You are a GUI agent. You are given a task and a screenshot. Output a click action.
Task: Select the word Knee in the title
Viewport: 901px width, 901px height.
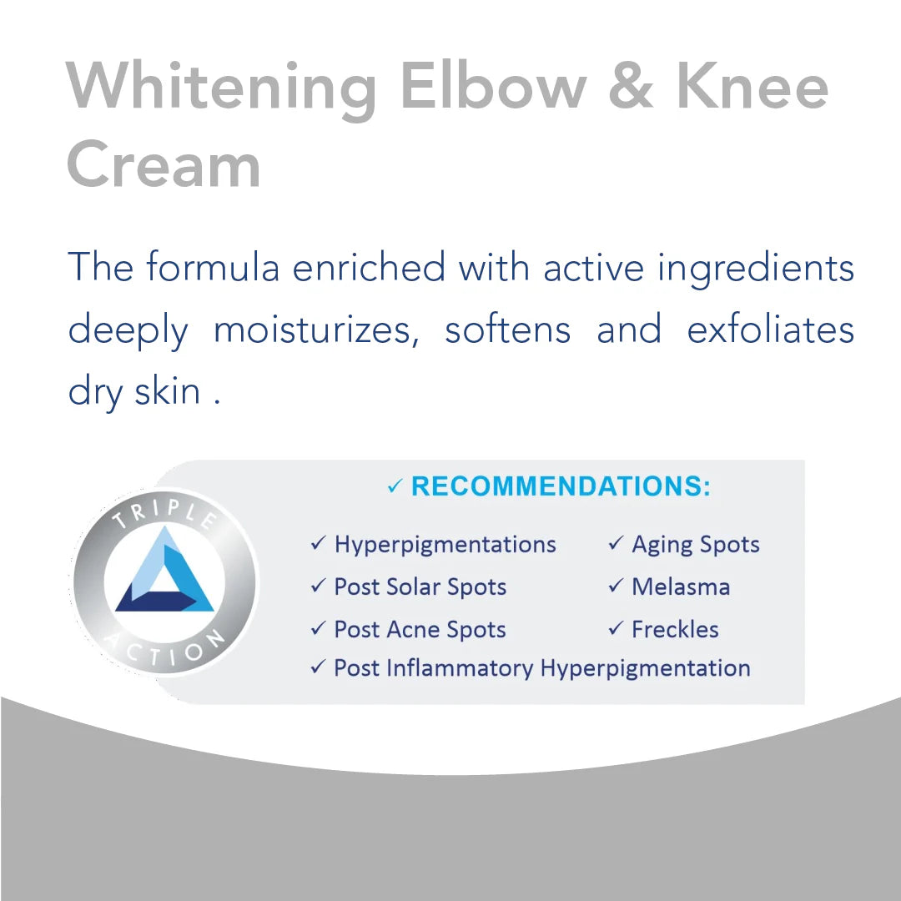(x=757, y=86)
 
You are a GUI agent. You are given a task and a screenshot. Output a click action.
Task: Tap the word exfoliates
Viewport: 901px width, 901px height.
(x=770, y=329)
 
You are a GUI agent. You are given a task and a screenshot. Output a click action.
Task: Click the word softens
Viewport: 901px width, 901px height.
(x=507, y=330)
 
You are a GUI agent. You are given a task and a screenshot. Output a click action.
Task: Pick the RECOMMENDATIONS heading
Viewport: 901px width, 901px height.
(x=561, y=486)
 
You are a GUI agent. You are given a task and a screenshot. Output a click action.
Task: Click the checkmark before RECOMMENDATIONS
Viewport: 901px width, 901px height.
(x=395, y=487)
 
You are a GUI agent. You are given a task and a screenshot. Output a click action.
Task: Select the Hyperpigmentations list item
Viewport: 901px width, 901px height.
(x=445, y=545)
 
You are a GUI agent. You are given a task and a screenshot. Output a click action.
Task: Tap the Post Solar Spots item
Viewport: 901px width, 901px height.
(x=420, y=586)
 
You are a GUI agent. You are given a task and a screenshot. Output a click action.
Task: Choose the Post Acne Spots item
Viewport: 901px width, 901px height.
(x=420, y=629)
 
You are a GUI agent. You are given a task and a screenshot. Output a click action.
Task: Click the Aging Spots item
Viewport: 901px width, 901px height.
(x=695, y=545)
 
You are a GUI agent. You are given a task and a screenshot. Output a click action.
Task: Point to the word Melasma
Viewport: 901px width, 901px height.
(x=680, y=586)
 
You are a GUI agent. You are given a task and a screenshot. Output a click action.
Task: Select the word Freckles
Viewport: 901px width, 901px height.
(x=675, y=629)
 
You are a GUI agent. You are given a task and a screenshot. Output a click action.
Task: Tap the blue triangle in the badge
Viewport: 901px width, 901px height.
(x=164, y=574)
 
